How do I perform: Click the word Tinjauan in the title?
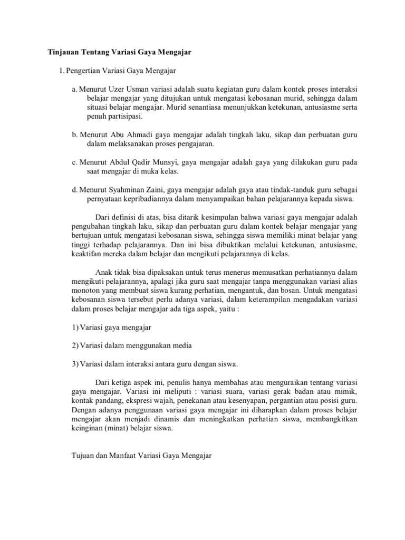56,52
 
